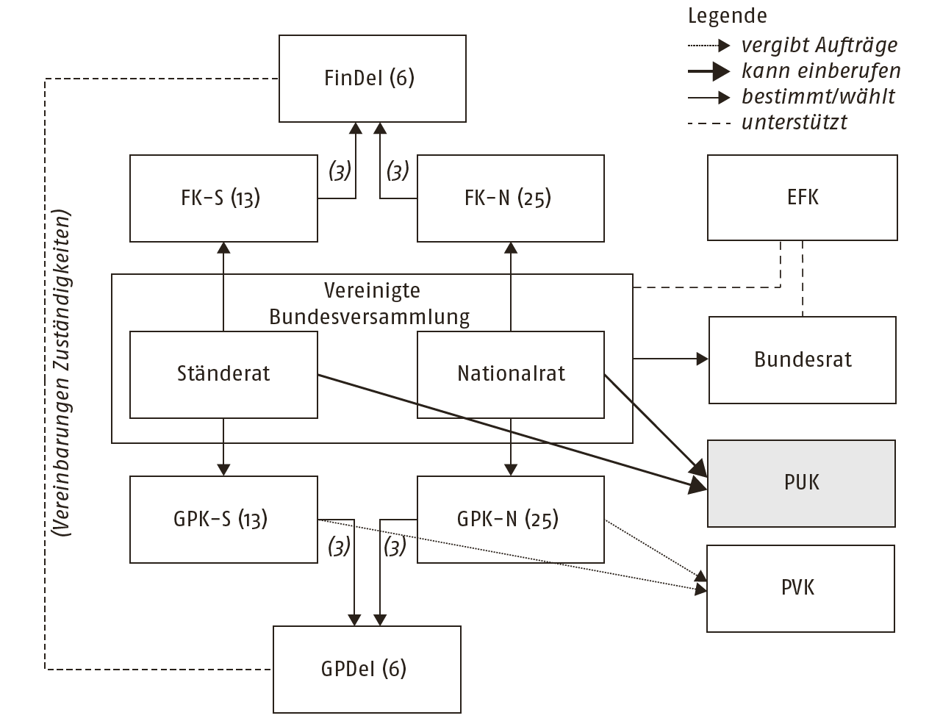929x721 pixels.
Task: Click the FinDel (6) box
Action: pos(372,78)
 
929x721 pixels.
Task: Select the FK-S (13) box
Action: pos(223,198)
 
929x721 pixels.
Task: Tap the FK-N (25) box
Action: pos(510,198)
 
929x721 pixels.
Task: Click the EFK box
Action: pos(802,197)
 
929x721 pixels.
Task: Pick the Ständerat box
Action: pos(223,374)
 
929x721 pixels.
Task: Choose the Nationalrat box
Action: pos(510,374)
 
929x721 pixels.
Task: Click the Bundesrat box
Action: pos(802,359)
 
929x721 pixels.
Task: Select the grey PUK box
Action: pos(801,483)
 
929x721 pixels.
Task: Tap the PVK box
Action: pos(800,588)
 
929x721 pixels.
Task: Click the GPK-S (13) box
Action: pos(223,519)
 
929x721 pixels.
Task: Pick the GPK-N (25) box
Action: pos(510,519)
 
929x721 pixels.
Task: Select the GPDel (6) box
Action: pos(366,669)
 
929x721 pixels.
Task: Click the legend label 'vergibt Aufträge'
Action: pos(819,46)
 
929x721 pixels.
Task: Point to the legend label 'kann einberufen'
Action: pos(820,71)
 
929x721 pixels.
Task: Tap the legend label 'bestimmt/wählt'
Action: pos(818,96)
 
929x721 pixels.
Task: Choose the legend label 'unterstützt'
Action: pos(794,122)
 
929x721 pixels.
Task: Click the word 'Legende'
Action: pos(727,16)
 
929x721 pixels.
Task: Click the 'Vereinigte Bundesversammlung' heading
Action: pos(371,304)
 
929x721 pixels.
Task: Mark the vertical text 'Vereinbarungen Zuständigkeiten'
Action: pos(62,375)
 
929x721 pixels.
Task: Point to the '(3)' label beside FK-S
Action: pos(339,172)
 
